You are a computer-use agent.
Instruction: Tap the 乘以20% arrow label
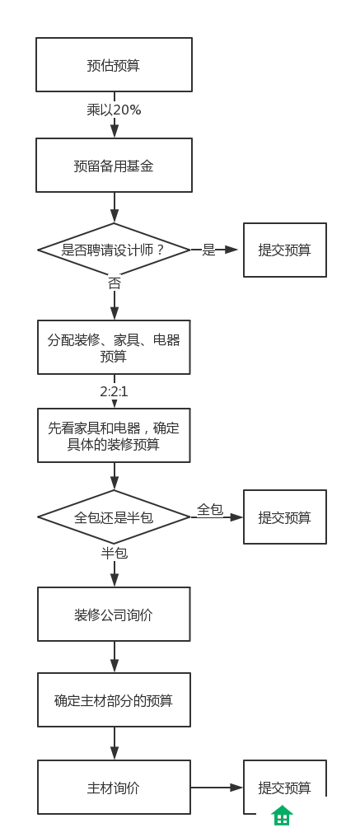pyautogui.click(x=114, y=110)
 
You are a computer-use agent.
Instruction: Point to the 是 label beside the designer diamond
pyautogui.click(x=208, y=250)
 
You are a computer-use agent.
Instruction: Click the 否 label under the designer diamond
pyautogui.click(x=115, y=283)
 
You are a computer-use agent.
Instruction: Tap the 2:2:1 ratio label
pyautogui.click(x=114, y=392)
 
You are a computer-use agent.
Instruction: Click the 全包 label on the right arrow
pyautogui.click(x=210, y=510)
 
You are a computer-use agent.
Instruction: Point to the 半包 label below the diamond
pyautogui.click(x=115, y=553)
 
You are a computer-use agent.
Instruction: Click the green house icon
pyautogui.click(x=282, y=815)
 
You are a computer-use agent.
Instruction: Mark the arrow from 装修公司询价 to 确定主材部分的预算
pyautogui.click(x=115, y=657)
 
